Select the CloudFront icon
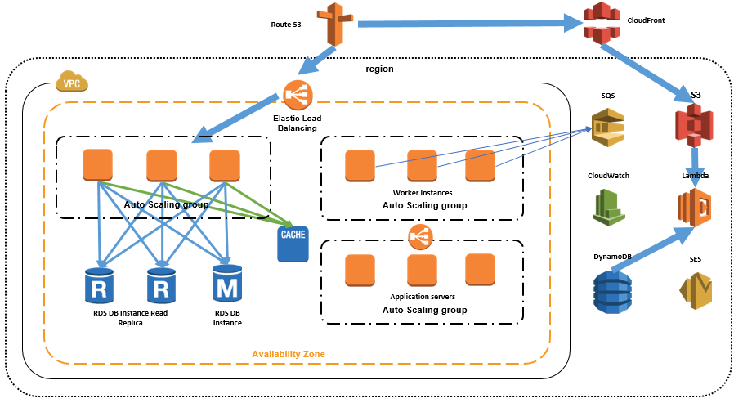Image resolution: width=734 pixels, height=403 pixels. (x=602, y=22)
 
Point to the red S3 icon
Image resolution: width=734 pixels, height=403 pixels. (x=694, y=125)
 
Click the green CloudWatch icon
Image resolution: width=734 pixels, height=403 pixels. (x=608, y=206)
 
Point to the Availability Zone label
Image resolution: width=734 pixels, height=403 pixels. (x=288, y=353)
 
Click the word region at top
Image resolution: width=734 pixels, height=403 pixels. (x=379, y=69)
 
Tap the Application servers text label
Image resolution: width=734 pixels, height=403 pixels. (x=423, y=297)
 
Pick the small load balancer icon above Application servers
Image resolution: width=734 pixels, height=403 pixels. (x=420, y=237)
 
